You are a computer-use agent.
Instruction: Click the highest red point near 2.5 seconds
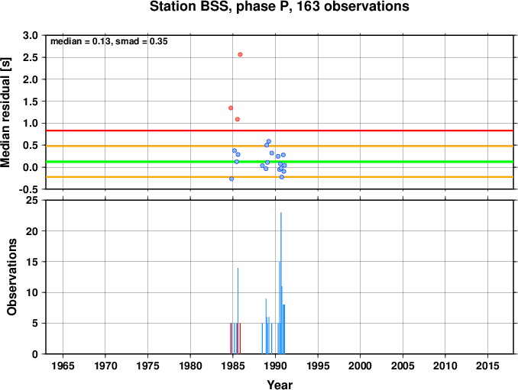[x=240, y=54]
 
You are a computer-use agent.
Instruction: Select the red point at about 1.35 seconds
[x=231, y=108]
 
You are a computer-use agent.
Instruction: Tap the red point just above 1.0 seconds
[x=237, y=119]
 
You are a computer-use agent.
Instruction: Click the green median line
[x=280, y=162]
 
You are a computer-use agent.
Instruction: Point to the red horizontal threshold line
[x=280, y=131]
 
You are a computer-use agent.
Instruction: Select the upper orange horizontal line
[x=280, y=146]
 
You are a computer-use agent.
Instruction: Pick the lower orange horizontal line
[x=280, y=177]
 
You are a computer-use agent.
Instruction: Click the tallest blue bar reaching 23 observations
[x=281, y=283]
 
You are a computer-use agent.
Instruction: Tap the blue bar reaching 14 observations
[x=238, y=311]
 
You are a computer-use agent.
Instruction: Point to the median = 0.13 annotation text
[x=80, y=41]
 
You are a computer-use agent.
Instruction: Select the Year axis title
[x=280, y=385]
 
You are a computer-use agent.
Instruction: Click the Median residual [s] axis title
[x=5, y=112]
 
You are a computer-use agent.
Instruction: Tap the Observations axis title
[x=11, y=277]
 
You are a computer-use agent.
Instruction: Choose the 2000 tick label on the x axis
[x=360, y=366]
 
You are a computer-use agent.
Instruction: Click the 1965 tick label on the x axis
[x=63, y=366]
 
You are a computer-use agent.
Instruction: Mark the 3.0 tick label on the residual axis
[x=31, y=35]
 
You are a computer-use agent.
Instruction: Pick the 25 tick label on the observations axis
[x=32, y=200]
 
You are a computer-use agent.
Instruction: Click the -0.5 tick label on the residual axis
[x=28, y=189]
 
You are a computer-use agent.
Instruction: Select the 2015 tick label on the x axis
[x=487, y=366]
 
